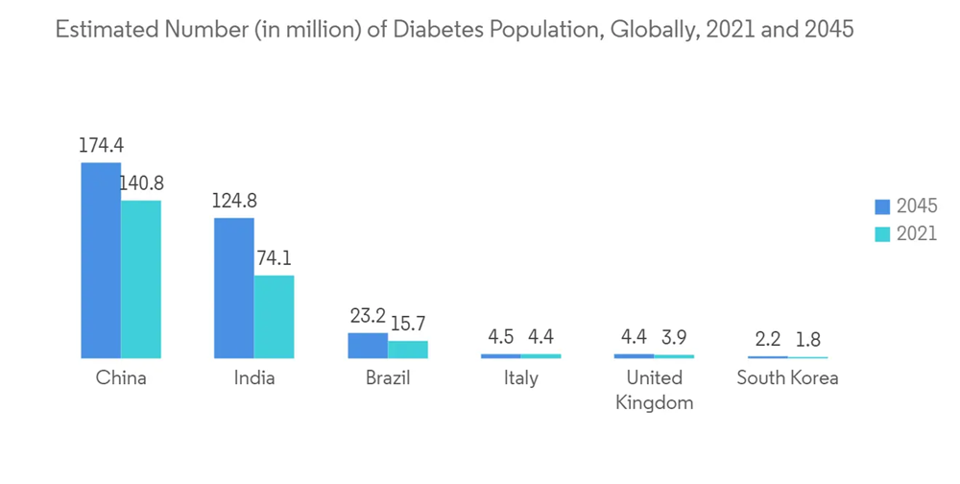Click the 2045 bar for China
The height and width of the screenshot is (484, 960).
pos(101,260)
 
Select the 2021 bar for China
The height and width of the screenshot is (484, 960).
pos(141,279)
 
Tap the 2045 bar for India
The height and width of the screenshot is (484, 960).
pos(233,288)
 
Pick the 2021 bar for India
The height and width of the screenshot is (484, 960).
pos(274,317)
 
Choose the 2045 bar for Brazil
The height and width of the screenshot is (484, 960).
pos(367,346)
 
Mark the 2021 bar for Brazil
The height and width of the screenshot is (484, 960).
pos(407,350)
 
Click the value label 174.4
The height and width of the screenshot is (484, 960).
pos(102,146)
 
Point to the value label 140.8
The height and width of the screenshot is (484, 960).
pos(140,184)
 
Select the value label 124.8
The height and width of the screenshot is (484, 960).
pos(234,202)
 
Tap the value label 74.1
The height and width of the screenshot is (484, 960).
pos(275,259)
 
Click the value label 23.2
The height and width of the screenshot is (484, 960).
pos(368,316)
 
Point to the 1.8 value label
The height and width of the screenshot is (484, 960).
pos(807,341)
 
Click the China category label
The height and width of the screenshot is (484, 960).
pos(121,378)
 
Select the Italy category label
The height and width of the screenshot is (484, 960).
pos(520,378)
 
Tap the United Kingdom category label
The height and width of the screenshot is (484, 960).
pos(654,390)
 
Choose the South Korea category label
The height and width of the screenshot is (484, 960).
pos(787,378)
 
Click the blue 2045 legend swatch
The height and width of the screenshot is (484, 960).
pos(883,206)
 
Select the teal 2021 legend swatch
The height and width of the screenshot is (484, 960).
pos(883,234)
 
